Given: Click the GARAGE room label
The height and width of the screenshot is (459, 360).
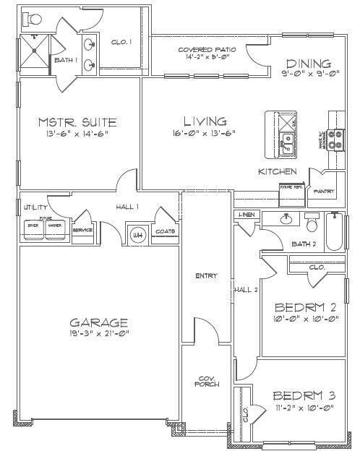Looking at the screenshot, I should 99,322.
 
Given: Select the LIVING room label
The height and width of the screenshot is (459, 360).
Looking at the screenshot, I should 205,121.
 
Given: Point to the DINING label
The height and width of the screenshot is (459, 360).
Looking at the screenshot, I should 308,64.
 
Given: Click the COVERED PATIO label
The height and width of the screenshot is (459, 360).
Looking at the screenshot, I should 203,50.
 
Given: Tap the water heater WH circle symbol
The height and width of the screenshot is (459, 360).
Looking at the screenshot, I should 136,233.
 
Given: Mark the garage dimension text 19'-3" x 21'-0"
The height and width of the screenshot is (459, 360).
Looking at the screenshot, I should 99,334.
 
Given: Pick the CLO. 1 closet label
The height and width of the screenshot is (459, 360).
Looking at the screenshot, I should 121,43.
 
